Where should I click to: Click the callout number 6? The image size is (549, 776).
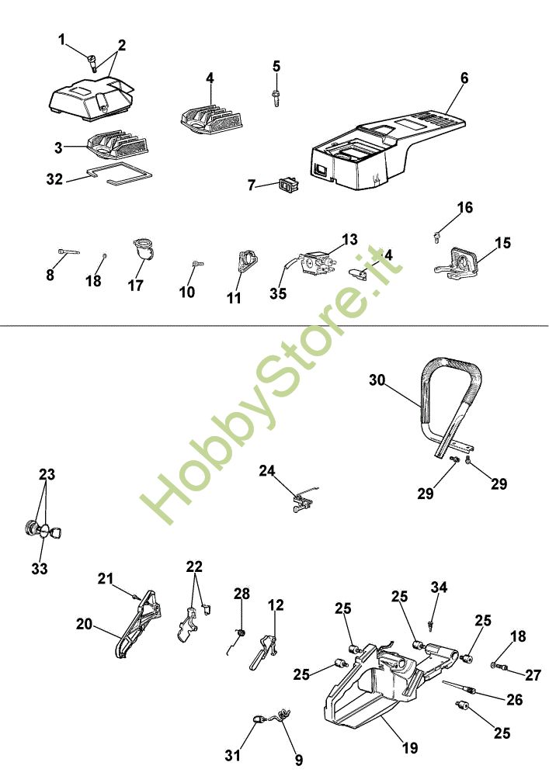coord(464,78)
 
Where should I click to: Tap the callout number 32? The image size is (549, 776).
coord(54,178)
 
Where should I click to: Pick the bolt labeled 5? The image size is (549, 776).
coord(276,97)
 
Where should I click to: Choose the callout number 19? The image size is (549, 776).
coord(411,748)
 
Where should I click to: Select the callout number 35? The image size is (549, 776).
coord(278,293)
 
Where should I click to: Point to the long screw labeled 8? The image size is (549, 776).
coord(68,251)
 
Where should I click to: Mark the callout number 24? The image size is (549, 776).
coord(267,470)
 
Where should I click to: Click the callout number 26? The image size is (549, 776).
coord(515,699)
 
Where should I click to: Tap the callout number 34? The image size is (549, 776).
coord(440,587)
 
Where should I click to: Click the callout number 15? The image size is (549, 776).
coord(502,243)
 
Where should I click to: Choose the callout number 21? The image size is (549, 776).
coord(106,578)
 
